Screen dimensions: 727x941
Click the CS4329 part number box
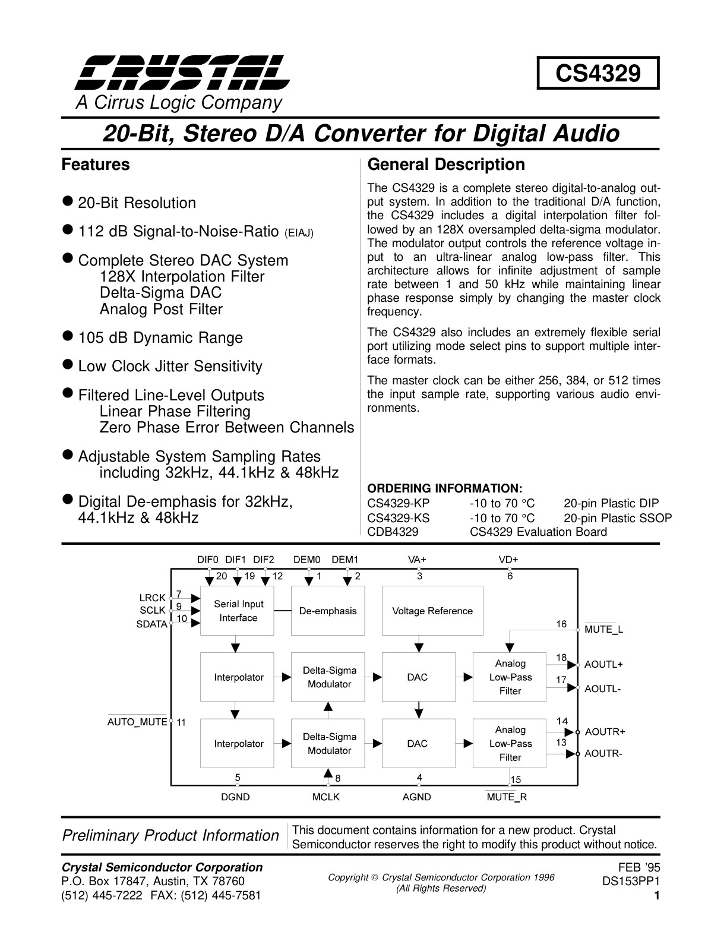tap(598, 72)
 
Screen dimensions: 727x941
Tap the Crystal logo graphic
tap(182, 72)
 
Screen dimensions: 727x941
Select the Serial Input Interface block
tap(237, 611)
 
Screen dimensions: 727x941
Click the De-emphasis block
tap(328, 611)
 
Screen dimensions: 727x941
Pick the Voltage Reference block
tap(432, 611)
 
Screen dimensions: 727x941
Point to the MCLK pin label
tap(325, 797)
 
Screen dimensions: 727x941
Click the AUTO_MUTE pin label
tap(137, 722)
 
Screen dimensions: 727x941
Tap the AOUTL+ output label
tap(603, 664)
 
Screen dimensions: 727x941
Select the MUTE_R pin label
tap(507, 797)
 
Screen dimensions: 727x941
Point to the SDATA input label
tap(151, 624)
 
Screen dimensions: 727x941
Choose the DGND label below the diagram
tap(235, 797)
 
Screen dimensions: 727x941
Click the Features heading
tap(96, 165)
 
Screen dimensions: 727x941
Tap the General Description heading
tap(446, 165)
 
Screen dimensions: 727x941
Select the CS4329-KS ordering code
tap(399, 518)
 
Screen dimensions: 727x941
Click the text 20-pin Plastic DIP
tap(611, 504)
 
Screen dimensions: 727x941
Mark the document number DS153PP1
tap(631, 881)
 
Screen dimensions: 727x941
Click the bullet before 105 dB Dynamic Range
tap(67, 336)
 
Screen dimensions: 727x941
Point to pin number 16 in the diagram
tap(561, 624)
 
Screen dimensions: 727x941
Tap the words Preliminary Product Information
tap(170, 835)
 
